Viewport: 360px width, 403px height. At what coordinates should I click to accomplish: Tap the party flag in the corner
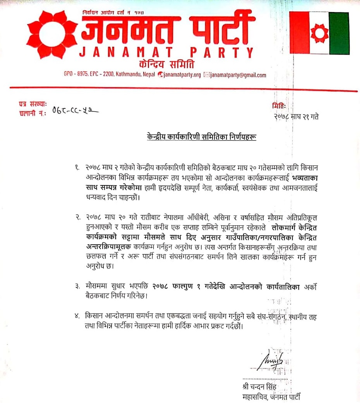click(x=319, y=33)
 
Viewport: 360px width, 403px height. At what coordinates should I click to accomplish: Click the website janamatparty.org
click(x=182, y=75)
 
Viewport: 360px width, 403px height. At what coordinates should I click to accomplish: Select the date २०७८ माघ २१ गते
click(x=296, y=116)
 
